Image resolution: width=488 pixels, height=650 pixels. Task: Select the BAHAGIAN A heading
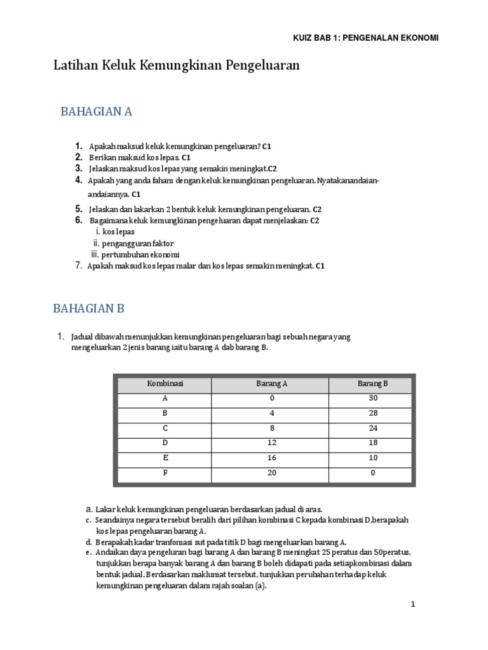coord(96,112)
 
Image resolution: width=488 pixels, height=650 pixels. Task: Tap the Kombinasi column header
coord(165,384)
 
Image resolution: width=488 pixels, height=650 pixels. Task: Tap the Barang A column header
coord(271,384)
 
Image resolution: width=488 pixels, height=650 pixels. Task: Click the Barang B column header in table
coord(372,384)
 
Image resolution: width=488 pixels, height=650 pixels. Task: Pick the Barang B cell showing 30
coord(372,399)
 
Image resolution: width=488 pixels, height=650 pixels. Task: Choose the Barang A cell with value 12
coord(271,442)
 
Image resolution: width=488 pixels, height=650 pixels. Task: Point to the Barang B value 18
coord(372,442)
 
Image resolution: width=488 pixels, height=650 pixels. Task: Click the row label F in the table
coord(165,472)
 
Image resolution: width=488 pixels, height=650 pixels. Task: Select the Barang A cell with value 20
coord(271,472)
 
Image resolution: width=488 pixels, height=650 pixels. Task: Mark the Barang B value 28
coord(372,413)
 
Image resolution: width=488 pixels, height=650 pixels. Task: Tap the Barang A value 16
coord(271,458)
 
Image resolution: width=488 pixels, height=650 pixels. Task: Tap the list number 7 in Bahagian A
coord(79,266)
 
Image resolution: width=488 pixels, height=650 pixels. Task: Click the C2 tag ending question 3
coord(271,169)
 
